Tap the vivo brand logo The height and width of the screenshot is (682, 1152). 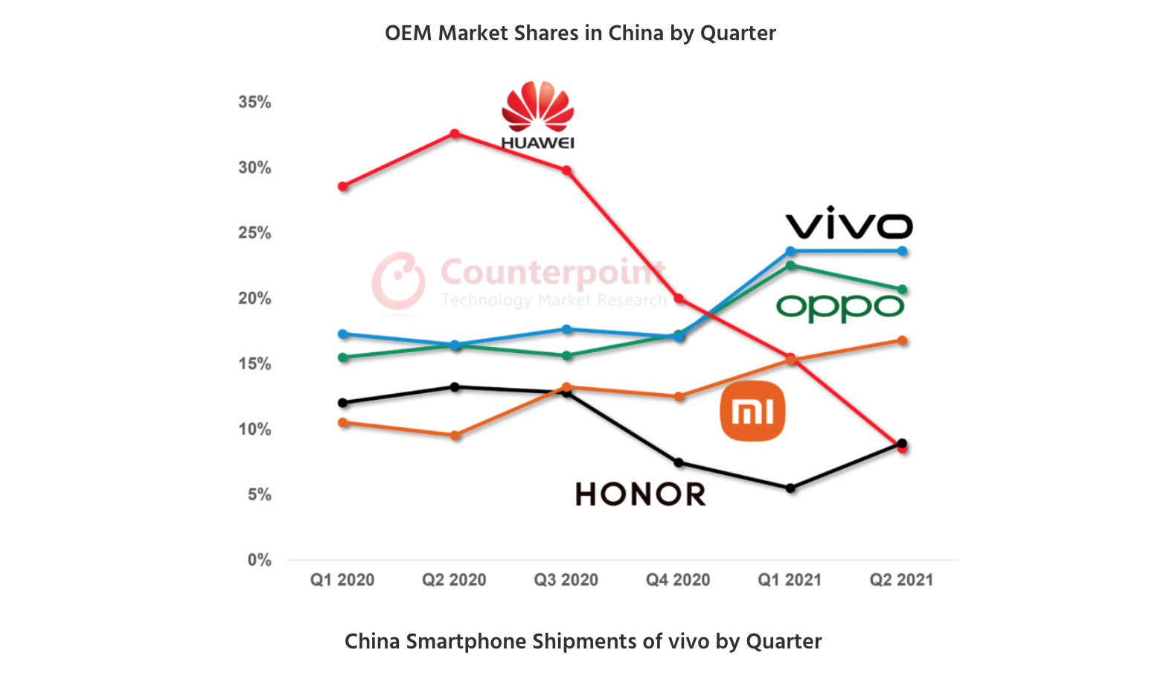(x=848, y=223)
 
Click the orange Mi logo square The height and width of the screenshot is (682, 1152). (x=752, y=411)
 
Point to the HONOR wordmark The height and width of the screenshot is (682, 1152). (x=641, y=494)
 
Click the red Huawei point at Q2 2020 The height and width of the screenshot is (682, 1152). (x=455, y=134)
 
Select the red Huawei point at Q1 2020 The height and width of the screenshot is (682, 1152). (x=342, y=186)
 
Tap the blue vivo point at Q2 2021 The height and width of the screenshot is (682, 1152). (x=902, y=251)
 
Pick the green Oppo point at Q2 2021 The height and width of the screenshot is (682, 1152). (x=902, y=290)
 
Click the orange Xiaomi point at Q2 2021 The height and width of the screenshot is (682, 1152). (x=902, y=341)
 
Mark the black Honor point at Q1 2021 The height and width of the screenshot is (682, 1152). (x=790, y=488)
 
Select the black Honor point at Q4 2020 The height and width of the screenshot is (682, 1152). (x=679, y=463)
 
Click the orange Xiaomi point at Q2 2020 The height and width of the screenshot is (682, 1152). (x=455, y=436)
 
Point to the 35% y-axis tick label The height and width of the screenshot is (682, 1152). (x=255, y=102)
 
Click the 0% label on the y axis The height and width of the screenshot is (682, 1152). (x=259, y=560)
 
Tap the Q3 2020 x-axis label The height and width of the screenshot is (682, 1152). (x=566, y=580)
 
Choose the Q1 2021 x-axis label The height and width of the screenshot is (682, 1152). (x=790, y=580)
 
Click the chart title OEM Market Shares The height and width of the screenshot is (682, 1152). (x=580, y=34)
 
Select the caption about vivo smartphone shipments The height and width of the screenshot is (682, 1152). (x=583, y=642)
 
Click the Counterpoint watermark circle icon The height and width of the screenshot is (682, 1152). (x=398, y=281)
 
